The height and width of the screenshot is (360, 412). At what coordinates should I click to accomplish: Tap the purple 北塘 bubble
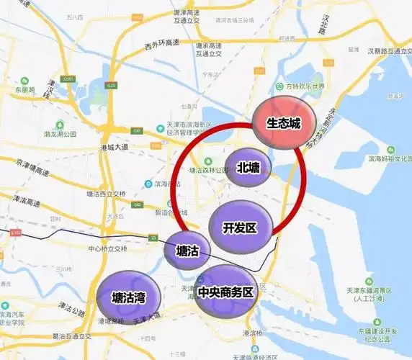(x=248, y=168)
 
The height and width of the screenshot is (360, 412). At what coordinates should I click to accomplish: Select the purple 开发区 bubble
(x=241, y=228)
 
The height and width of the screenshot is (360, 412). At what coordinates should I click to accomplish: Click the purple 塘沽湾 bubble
(x=129, y=296)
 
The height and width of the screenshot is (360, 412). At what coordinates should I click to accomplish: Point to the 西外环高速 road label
(x=162, y=45)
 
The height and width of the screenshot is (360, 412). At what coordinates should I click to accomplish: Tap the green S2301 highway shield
(x=69, y=78)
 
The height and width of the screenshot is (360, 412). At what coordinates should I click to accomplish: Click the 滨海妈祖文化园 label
(x=389, y=158)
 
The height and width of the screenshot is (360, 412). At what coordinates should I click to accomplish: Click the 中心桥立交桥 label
(x=107, y=248)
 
